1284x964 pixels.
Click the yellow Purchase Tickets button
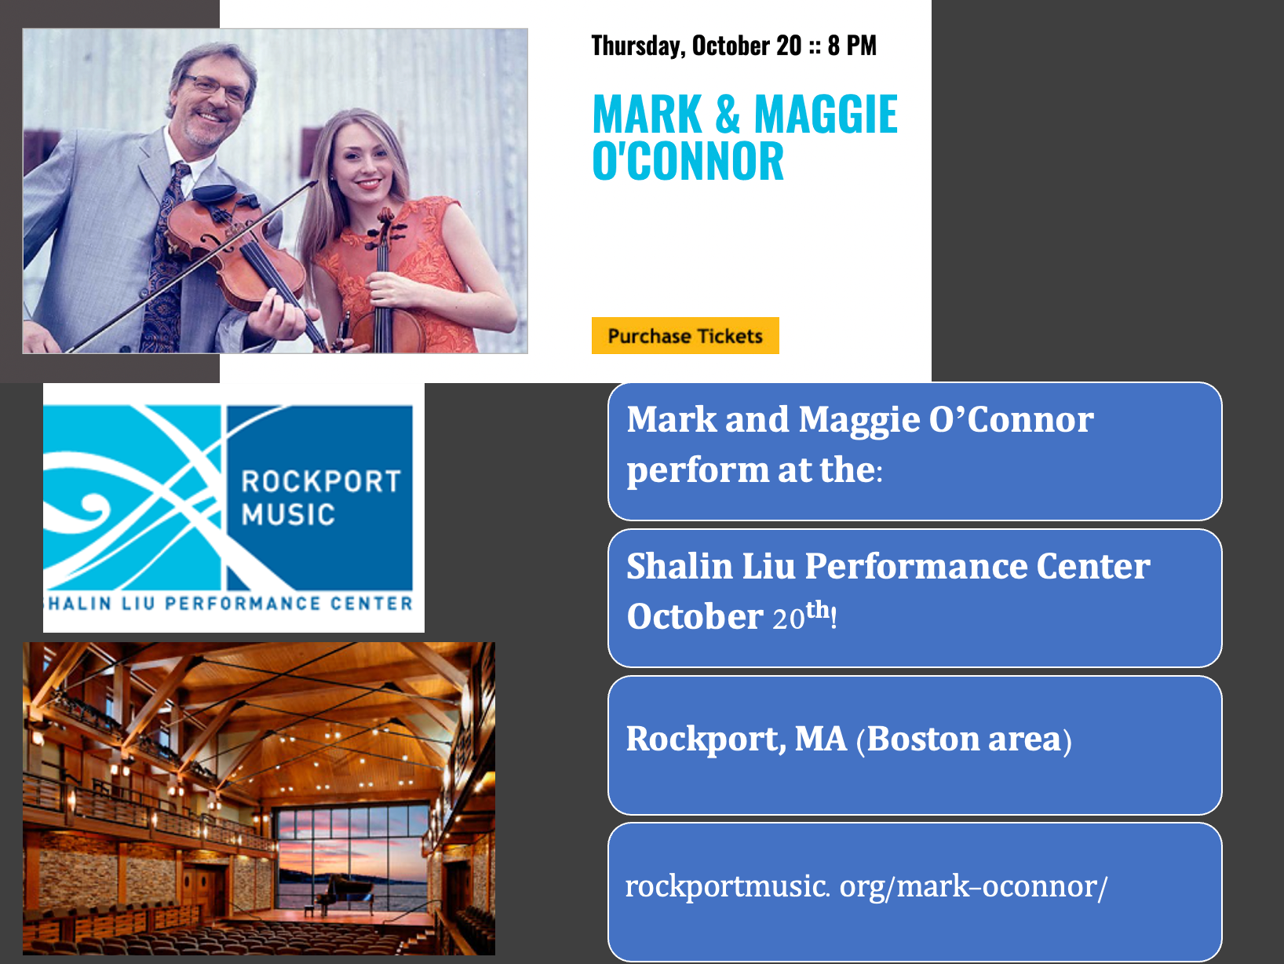pyautogui.click(x=684, y=336)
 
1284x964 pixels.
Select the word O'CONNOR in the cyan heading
pyautogui.click(x=688, y=162)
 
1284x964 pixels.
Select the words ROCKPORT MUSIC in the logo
pyautogui.click(x=319, y=498)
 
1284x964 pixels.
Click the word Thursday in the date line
pyautogui.click(x=637, y=46)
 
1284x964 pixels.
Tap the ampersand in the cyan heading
pyautogui.click(x=728, y=115)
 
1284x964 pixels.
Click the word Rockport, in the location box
pyautogui.click(x=704, y=739)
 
